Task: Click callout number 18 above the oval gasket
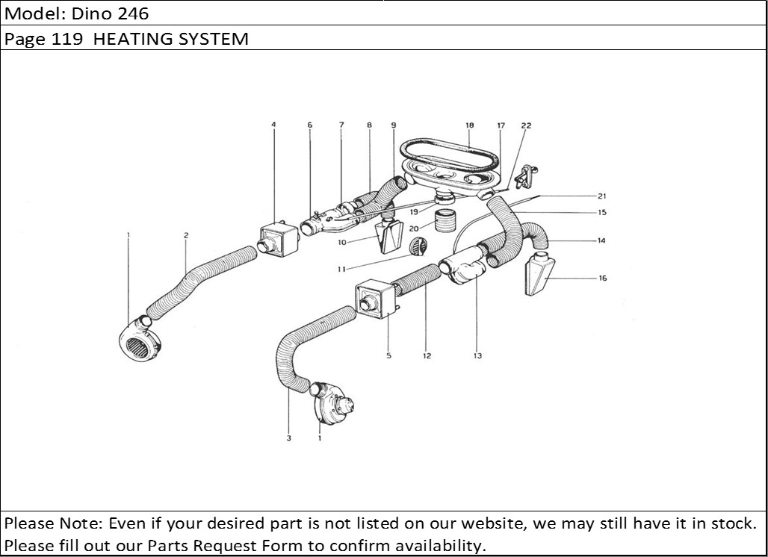(x=469, y=126)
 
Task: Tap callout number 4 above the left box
(x=273, y=125)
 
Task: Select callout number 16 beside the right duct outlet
(x=603, y=278)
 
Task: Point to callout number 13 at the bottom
(x=477, y=356)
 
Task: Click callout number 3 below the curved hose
(x=288, y=438)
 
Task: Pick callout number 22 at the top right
(x=526, y=126)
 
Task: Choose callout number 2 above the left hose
(x=186, y=235)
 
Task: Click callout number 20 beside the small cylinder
(x=414, y=228)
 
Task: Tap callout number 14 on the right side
(x=601, y=240)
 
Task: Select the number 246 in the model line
(x=134, y=13)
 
